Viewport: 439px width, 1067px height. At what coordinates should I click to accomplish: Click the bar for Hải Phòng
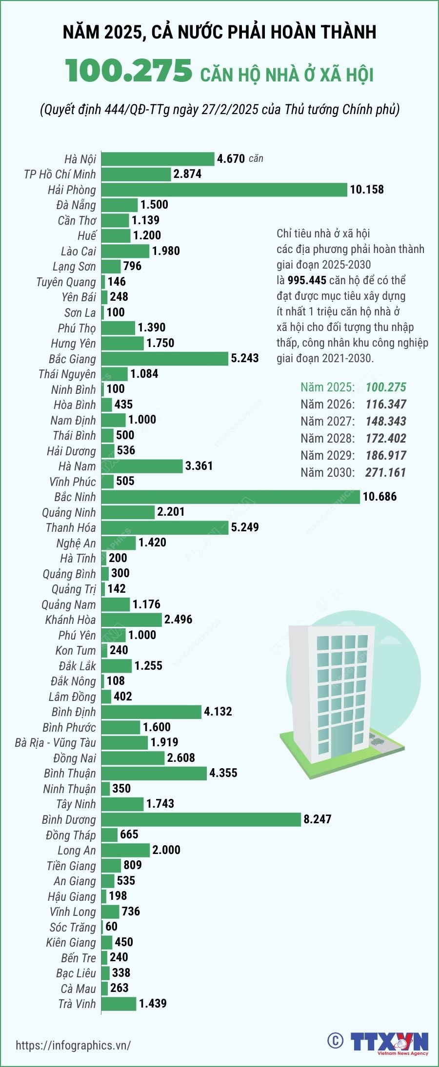[224, 190]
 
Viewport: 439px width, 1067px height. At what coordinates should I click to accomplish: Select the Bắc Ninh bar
[231, 497]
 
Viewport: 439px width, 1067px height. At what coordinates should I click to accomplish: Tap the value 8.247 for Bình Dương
[317, 819]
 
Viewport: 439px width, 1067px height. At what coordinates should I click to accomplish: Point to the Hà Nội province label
[80, 159]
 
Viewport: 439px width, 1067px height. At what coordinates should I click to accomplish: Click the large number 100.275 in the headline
[129, 71]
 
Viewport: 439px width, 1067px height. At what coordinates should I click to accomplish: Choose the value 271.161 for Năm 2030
[385, 472]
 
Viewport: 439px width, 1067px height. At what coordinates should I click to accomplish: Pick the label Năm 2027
[327, 421]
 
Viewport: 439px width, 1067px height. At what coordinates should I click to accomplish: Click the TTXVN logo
[389, 1043]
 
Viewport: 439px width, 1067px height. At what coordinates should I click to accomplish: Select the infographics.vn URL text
[73, 1045]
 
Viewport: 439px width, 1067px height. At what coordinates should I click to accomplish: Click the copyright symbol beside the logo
[335, 1041]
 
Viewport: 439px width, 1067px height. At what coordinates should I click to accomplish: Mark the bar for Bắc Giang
[165, 359]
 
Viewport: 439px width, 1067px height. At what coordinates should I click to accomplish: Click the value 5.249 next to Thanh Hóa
[245, 527]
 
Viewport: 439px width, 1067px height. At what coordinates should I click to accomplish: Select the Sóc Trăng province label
[73, 927]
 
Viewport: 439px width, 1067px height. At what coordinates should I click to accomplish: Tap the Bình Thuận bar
[154, 773]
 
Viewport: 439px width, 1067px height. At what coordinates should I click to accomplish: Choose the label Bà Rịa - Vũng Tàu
[55, 742]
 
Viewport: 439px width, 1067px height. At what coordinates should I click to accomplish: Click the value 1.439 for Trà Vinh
[153, 1003]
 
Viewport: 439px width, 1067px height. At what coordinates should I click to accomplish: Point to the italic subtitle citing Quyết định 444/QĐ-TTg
[219, 109]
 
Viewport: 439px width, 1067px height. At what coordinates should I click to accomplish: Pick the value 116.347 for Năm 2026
[386, 404]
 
